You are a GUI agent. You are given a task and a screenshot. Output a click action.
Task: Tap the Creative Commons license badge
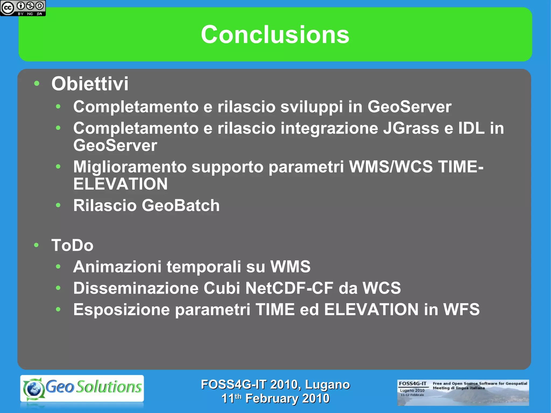23,8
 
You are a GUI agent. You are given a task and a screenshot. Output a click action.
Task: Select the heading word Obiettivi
90,84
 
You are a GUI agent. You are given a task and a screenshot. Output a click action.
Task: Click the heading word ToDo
72,245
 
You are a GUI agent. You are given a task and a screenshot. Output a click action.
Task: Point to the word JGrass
411,128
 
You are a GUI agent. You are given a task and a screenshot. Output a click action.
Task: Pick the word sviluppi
312,107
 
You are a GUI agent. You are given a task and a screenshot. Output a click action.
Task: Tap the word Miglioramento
130,167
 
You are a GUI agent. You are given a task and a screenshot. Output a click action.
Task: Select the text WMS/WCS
391,167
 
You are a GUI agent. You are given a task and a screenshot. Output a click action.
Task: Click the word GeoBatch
181,206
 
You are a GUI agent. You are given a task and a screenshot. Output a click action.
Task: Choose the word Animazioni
117,267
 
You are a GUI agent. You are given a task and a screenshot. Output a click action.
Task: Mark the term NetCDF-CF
289,288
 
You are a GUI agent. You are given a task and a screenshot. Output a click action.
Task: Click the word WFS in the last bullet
461,309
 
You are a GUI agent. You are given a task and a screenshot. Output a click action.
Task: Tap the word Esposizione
122,309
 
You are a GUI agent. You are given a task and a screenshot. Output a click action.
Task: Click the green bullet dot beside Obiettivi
37,83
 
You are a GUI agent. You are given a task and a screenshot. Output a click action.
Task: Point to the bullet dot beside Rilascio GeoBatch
58,205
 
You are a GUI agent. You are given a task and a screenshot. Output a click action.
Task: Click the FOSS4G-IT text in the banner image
412,383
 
